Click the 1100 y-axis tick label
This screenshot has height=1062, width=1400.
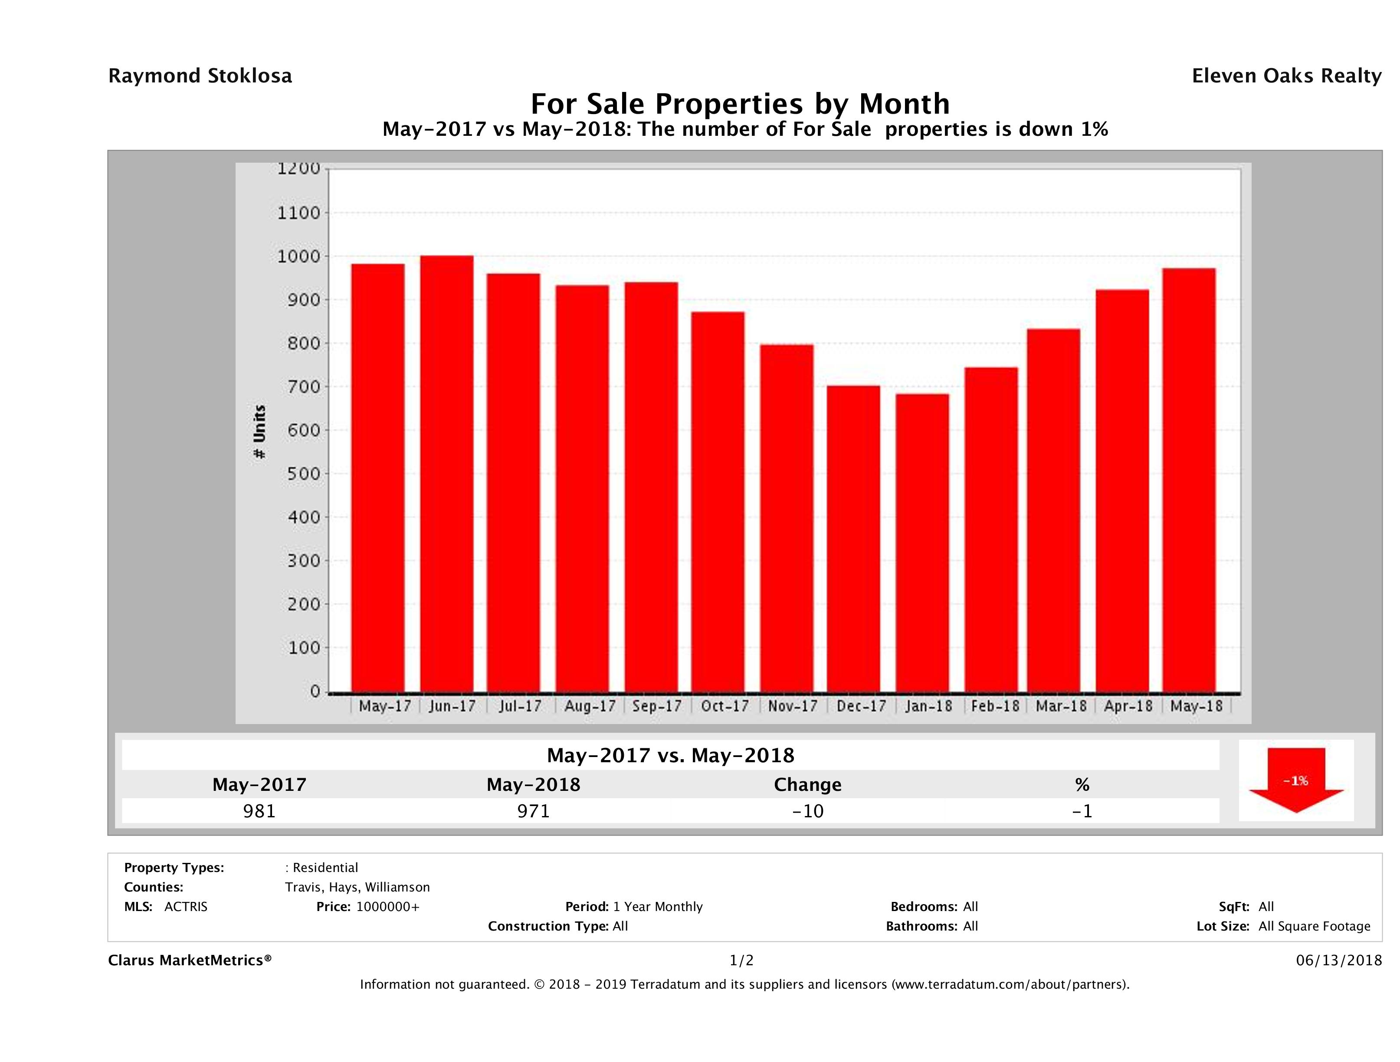[299, 213]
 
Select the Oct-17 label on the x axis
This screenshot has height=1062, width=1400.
[725, 706]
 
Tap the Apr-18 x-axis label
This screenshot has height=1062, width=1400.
[1128, 706]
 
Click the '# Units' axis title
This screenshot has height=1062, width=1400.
[259, 432]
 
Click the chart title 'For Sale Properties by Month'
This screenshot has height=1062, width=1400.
[740, 103]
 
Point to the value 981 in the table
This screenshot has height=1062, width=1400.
[259, 811]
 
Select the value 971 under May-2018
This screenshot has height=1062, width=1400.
[534, 811]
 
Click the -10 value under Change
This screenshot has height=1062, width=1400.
[808, 811]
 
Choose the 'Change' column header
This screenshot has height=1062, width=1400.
[808, 785]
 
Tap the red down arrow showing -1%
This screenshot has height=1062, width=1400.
[1295, 780]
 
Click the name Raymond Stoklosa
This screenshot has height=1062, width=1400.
[200, 76]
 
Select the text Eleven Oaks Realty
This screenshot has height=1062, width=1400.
[1286, 76]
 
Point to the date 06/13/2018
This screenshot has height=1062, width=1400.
[1338, 960]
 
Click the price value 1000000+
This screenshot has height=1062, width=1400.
[387, 906]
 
